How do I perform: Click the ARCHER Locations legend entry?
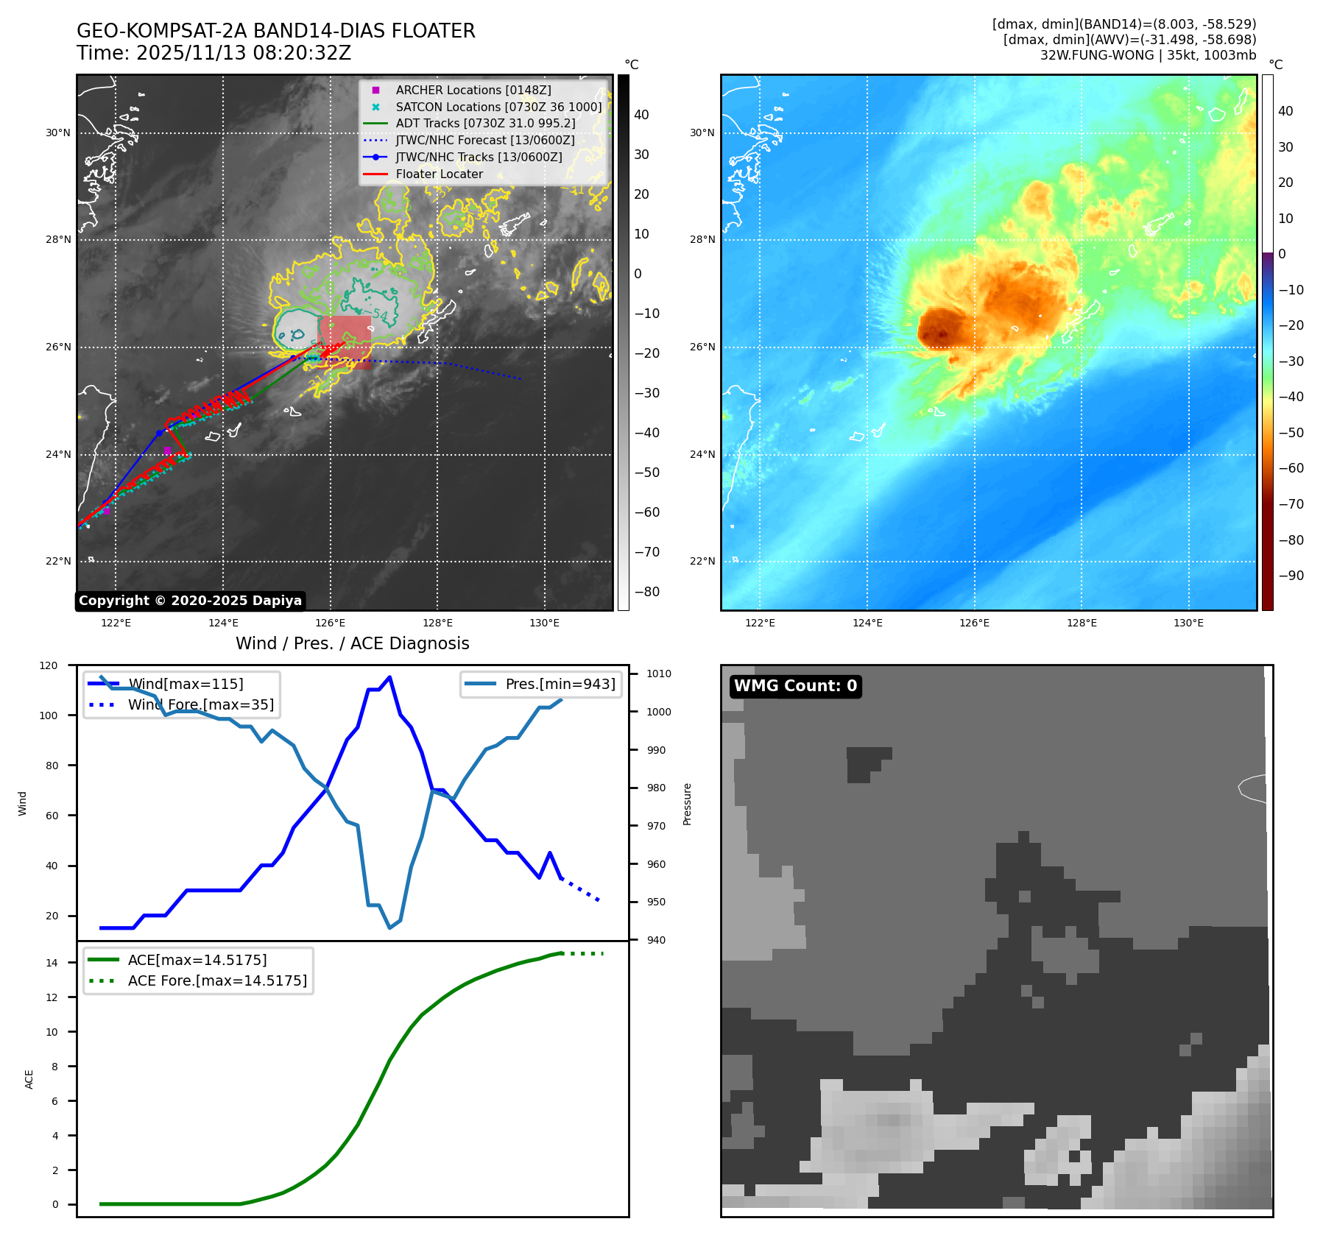coord(473,90)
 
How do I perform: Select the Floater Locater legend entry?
coord(439,174)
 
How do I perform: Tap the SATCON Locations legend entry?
coord(498,107)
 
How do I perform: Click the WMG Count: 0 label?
coord(795,686)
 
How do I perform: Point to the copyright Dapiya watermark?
coord(190,601)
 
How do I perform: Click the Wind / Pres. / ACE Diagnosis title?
coord(352,643)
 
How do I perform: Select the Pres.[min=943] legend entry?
coord(560,684)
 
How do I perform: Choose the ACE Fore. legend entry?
coord(216,980)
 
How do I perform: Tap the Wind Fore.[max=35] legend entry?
coord(200,704)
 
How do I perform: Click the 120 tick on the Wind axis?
coord(49,665)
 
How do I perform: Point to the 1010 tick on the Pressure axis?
coord(659,674)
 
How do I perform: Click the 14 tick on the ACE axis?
coord(52,962)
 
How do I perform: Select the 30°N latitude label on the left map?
coord(58,133)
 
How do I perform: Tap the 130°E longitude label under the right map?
coord(1188,623)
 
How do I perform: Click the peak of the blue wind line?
coord(389,677)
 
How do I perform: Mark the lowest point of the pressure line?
coord(389,927)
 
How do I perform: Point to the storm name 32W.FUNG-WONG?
coord(1097,55)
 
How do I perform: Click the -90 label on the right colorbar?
coord(1291,576)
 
